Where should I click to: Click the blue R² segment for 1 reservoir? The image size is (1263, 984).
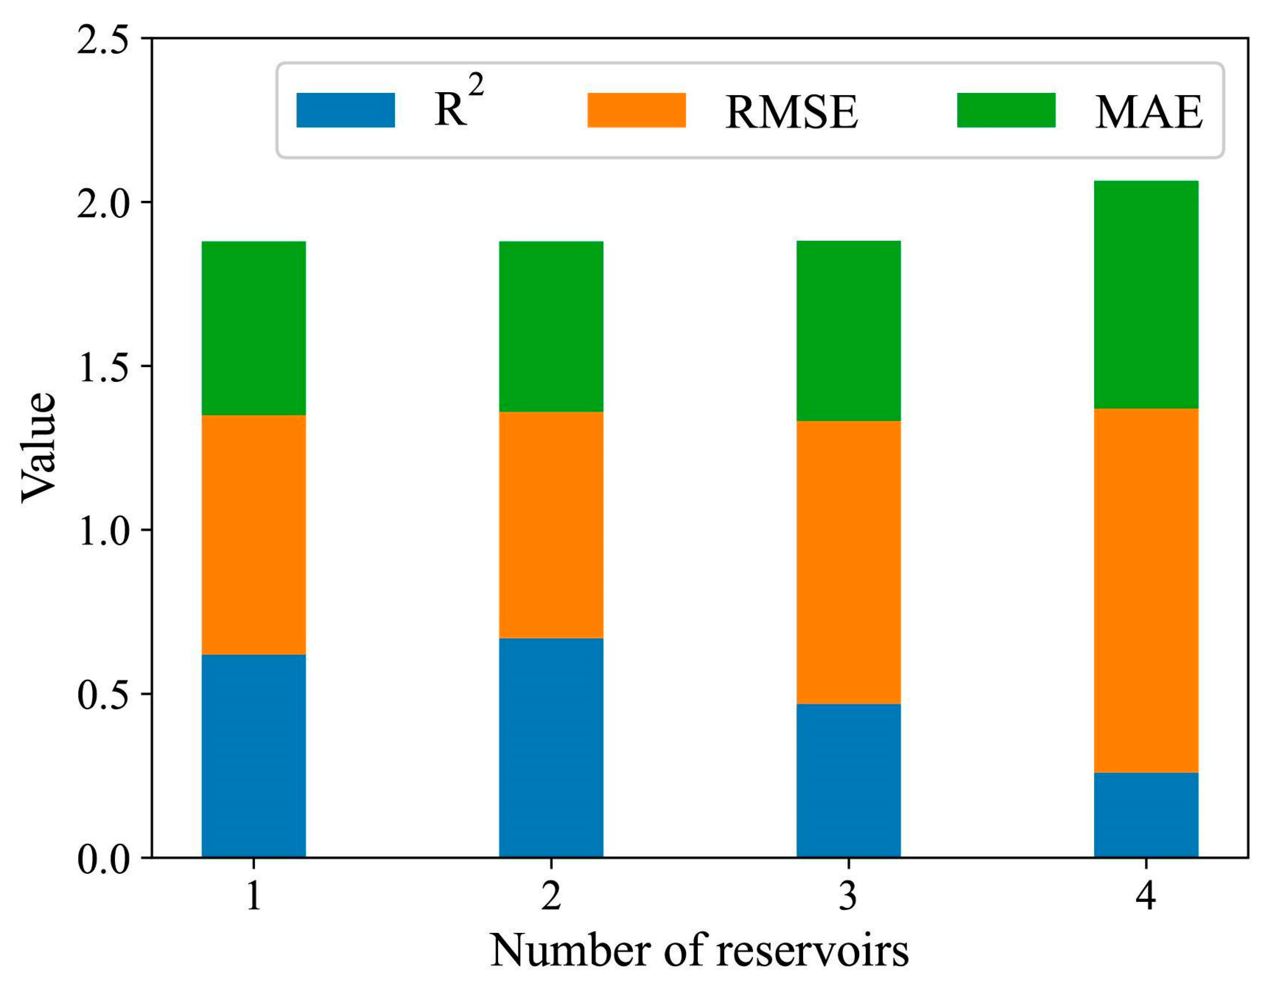253,755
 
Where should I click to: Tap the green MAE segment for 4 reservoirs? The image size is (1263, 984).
1146,295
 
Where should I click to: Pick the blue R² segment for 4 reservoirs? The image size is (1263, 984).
1146,814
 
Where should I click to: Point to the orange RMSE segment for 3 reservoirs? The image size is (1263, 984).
848,562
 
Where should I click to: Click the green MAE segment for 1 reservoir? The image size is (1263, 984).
253,328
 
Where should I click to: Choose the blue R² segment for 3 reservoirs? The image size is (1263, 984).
848,780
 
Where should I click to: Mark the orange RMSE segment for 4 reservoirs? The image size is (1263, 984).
1146,590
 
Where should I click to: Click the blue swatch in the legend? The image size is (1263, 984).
345,110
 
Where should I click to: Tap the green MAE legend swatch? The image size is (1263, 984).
1006,110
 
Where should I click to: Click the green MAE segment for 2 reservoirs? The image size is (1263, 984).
551,326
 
